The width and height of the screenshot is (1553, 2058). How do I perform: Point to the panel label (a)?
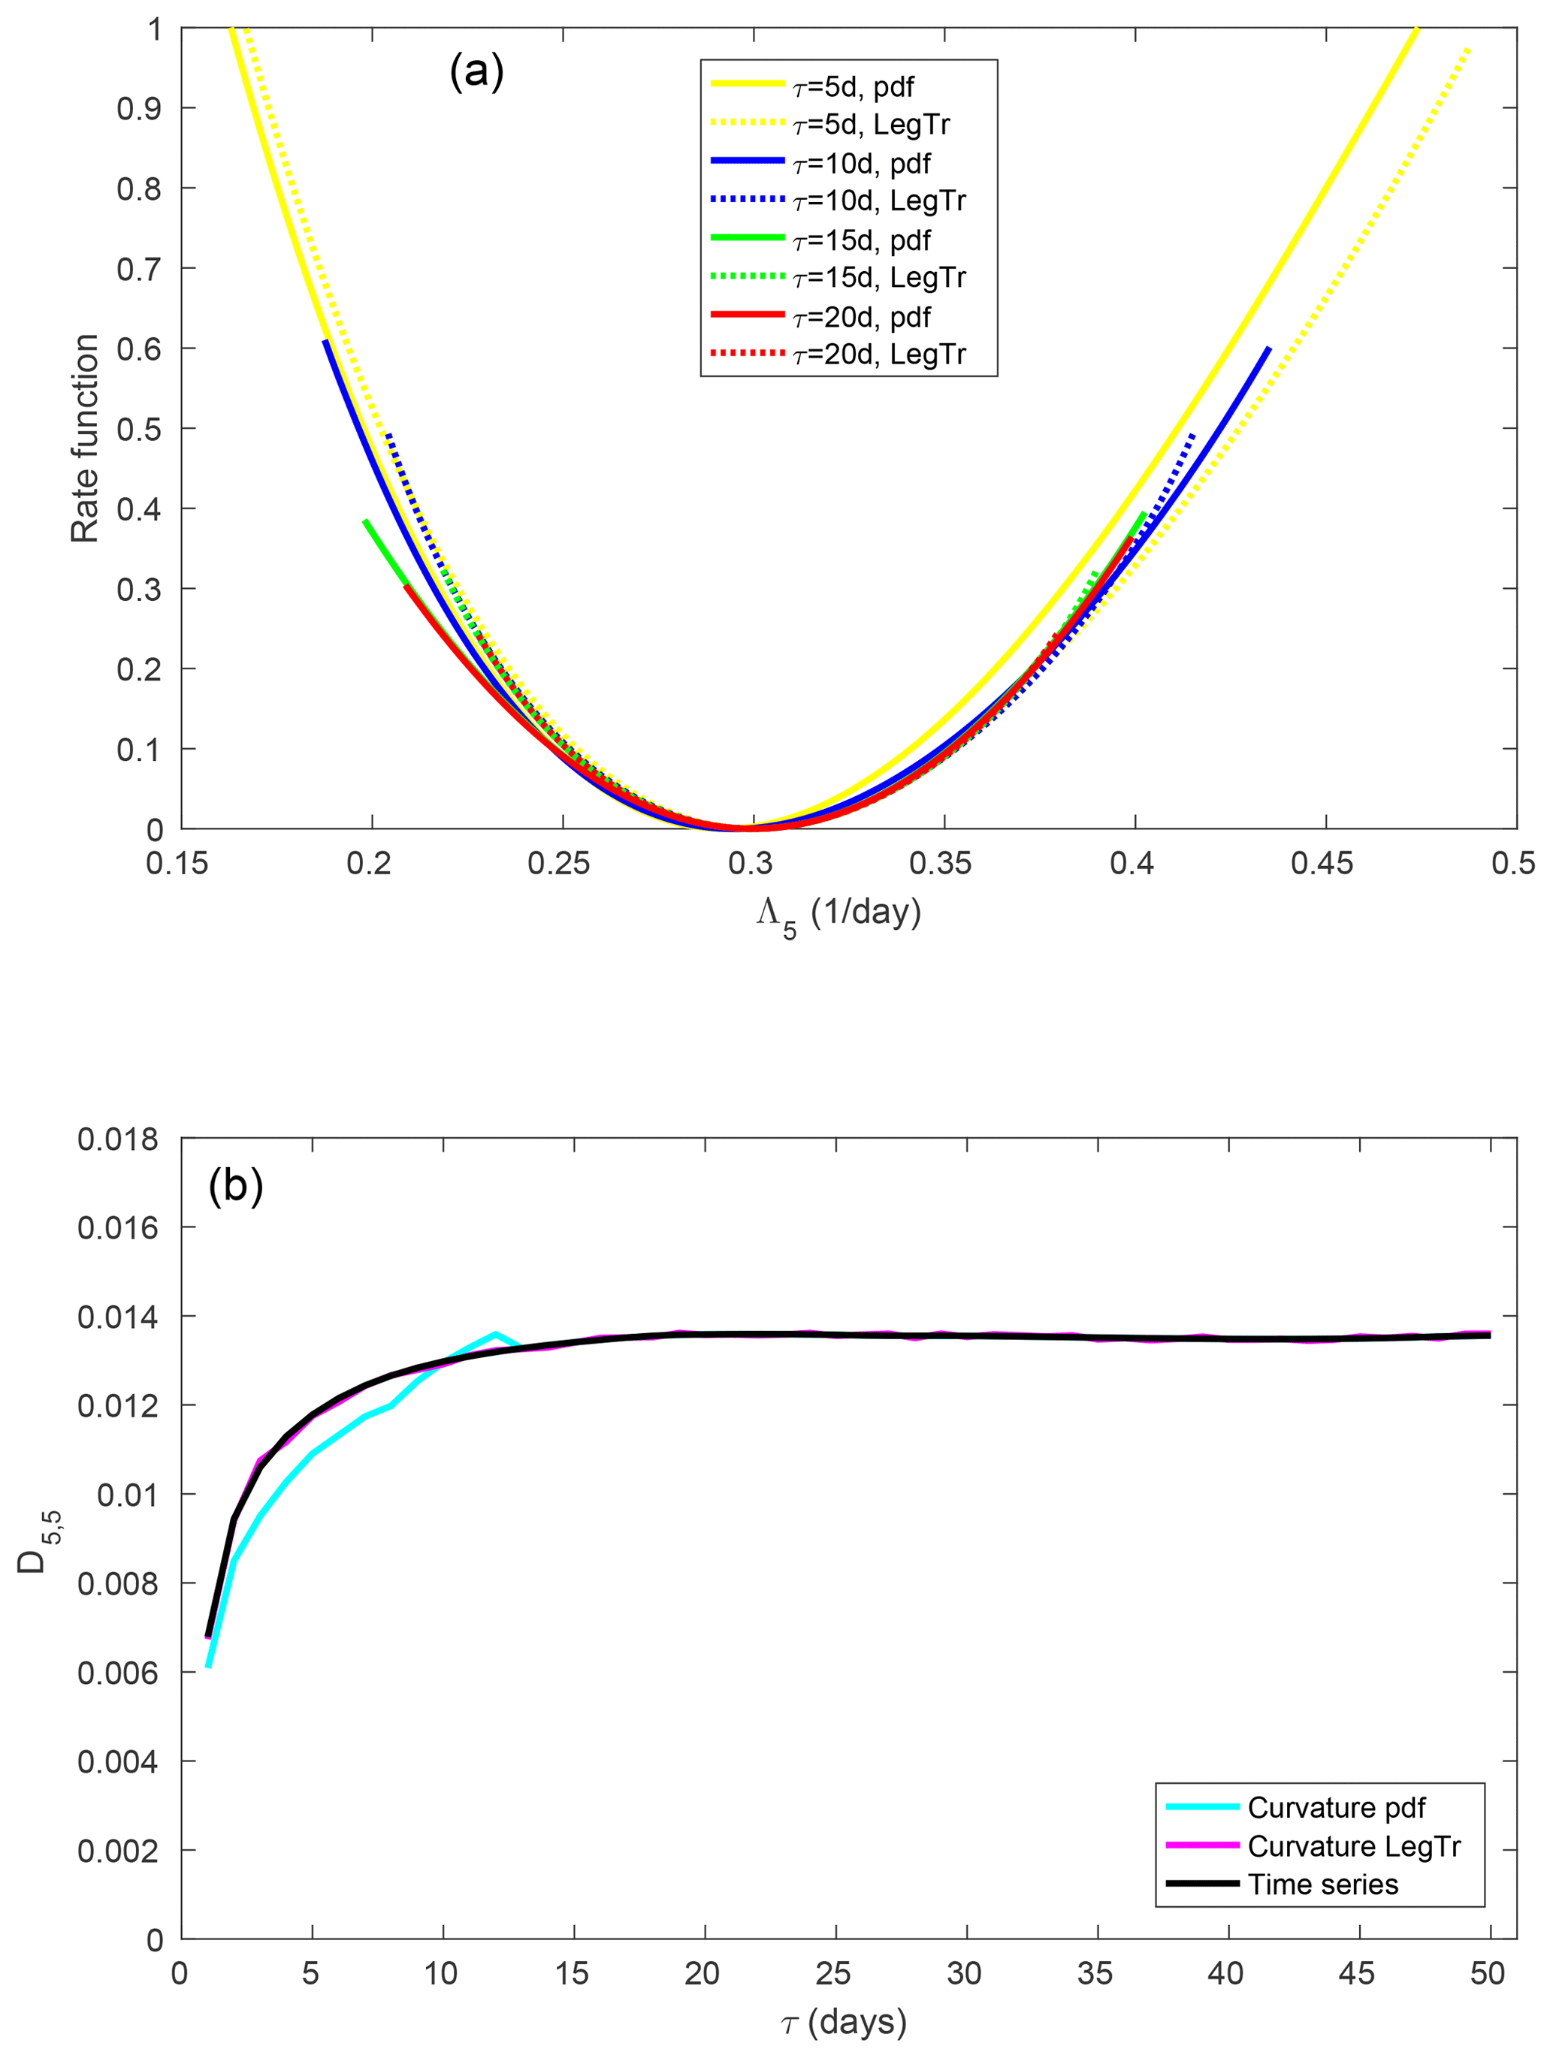pyautogui.click(x=476, y=71)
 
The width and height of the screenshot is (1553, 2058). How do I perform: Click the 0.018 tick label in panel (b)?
pyautogui.click(x=118, y=1138)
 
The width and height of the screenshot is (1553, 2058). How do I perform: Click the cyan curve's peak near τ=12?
pyautogui.click(x=495, y=1333)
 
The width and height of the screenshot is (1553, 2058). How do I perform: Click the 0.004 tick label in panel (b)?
pyautogui.click(x=118, y=1761)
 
